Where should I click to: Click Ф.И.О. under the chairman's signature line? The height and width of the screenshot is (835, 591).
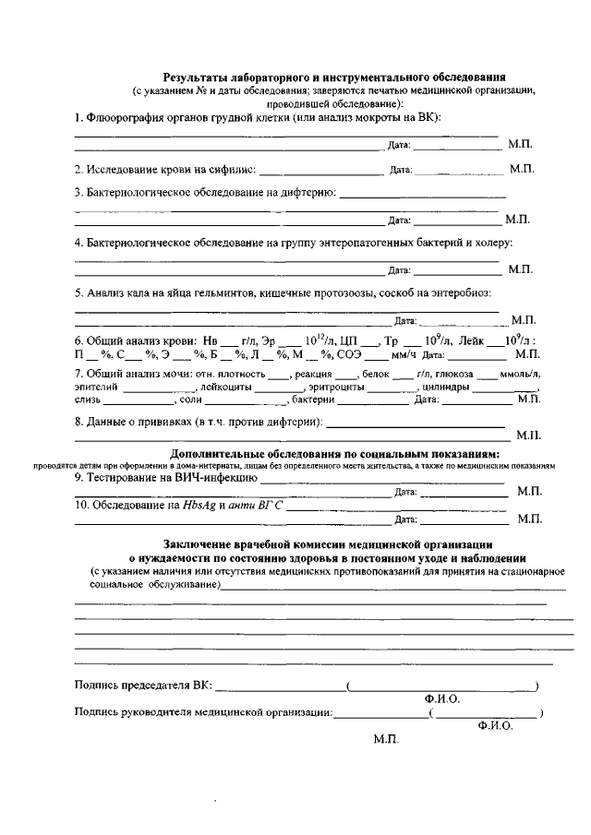(x=441, y=698)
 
